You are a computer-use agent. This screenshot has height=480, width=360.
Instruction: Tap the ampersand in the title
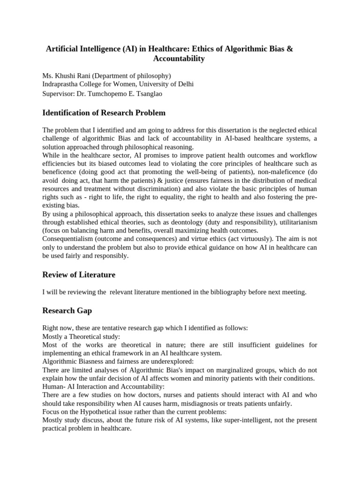coord(289,49)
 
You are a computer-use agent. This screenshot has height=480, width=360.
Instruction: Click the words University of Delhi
coord(162,84)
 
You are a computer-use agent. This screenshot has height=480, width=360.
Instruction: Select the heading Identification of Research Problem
coord(104,113)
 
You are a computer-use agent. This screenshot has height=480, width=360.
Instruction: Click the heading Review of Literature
coord(79,274)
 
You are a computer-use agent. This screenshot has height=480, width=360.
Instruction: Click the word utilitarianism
coord(296,222)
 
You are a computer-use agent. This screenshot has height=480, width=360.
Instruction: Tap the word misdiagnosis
coord(222,404)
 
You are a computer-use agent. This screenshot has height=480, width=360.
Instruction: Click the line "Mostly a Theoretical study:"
coord(81,336)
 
